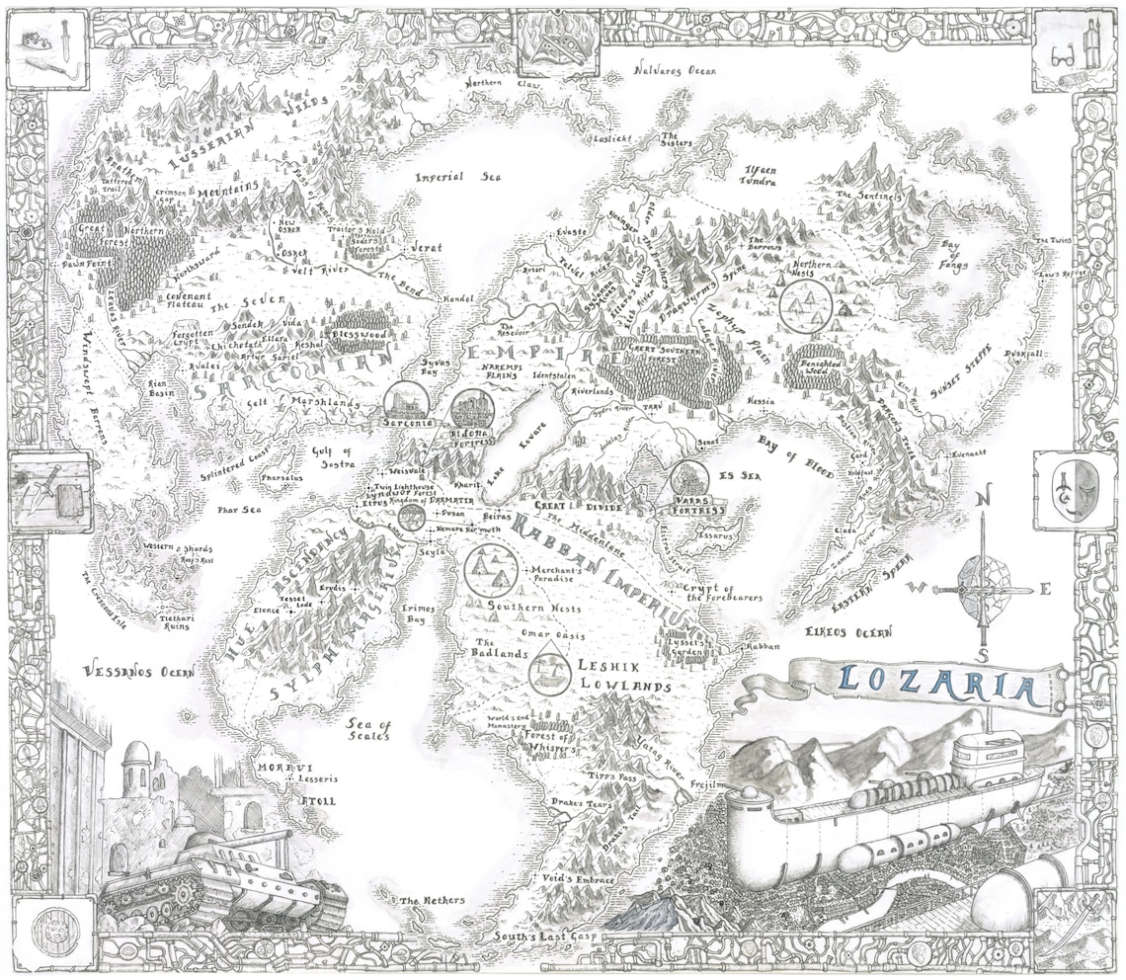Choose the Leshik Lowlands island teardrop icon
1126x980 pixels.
pyautogui.click(x=545, y=672)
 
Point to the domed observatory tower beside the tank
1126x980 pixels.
pyautogui.click(x=137, y=767)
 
